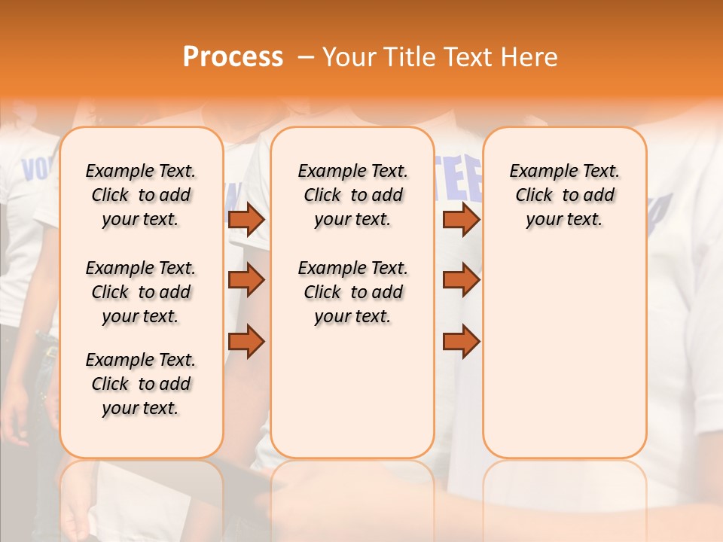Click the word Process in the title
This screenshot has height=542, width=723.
pyautogui.click(x=233, y=57)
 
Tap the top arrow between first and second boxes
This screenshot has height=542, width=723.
pyautogui.click(x=246, y=220)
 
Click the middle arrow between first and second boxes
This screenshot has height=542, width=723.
pyautogui.click(x=246, y=280)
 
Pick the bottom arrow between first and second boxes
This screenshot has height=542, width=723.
pyautogui.click(x=246, y=342)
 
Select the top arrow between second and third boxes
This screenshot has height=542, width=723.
pyautogui.click(x=461, y=220)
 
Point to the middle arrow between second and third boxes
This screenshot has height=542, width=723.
pyautogui.click(x=461, y=280)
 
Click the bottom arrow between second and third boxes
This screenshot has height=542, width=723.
pyautogui.click(x=461, y=342)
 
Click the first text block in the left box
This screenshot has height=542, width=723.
pyautogui.click(x=141, y=195)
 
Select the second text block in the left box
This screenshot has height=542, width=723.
pyautogui.click(x=141, y=292)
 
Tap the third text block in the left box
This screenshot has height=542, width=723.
pyautogui.click(x=141, y=384)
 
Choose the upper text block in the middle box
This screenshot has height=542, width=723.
pyautogui.click(x=352, y=195)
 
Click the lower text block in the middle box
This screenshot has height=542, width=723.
pyautogui.click(x=352, y=292)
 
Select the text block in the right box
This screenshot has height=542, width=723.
pyautogui.click(x=564, y=195)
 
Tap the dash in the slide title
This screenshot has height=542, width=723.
pyautogui.click(x=306, y=57)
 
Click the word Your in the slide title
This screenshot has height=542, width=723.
pyautogui.click(x=349, y=57)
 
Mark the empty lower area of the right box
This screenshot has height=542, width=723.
pyautogui.click(x=564, y=354)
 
